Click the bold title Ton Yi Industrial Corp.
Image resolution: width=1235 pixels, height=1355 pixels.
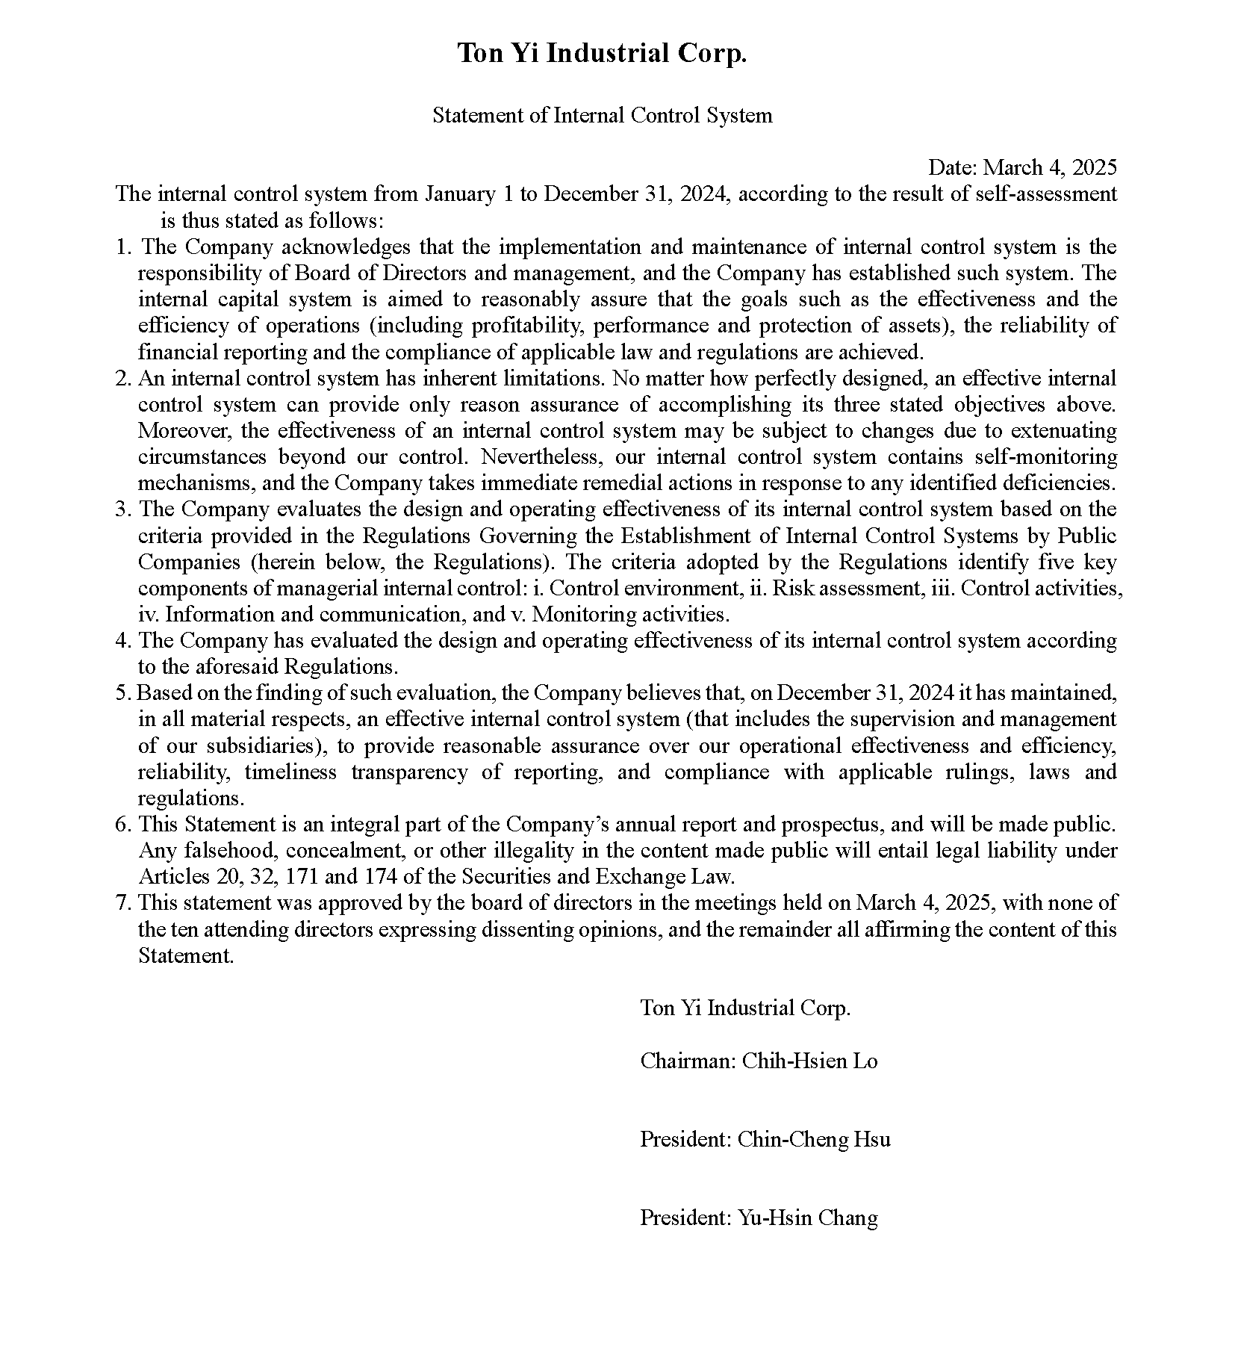602,54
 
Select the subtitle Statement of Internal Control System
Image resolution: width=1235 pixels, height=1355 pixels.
602,116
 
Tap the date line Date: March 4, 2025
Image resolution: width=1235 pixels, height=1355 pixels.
1022,167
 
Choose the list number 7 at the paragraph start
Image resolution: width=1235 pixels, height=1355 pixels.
122,903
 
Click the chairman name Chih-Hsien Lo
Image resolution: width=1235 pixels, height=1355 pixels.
809,1061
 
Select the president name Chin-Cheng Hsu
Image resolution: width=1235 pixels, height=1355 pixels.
814,1140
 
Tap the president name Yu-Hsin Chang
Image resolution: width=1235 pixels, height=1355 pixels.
807,1218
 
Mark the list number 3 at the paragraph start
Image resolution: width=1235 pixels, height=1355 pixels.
122,509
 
